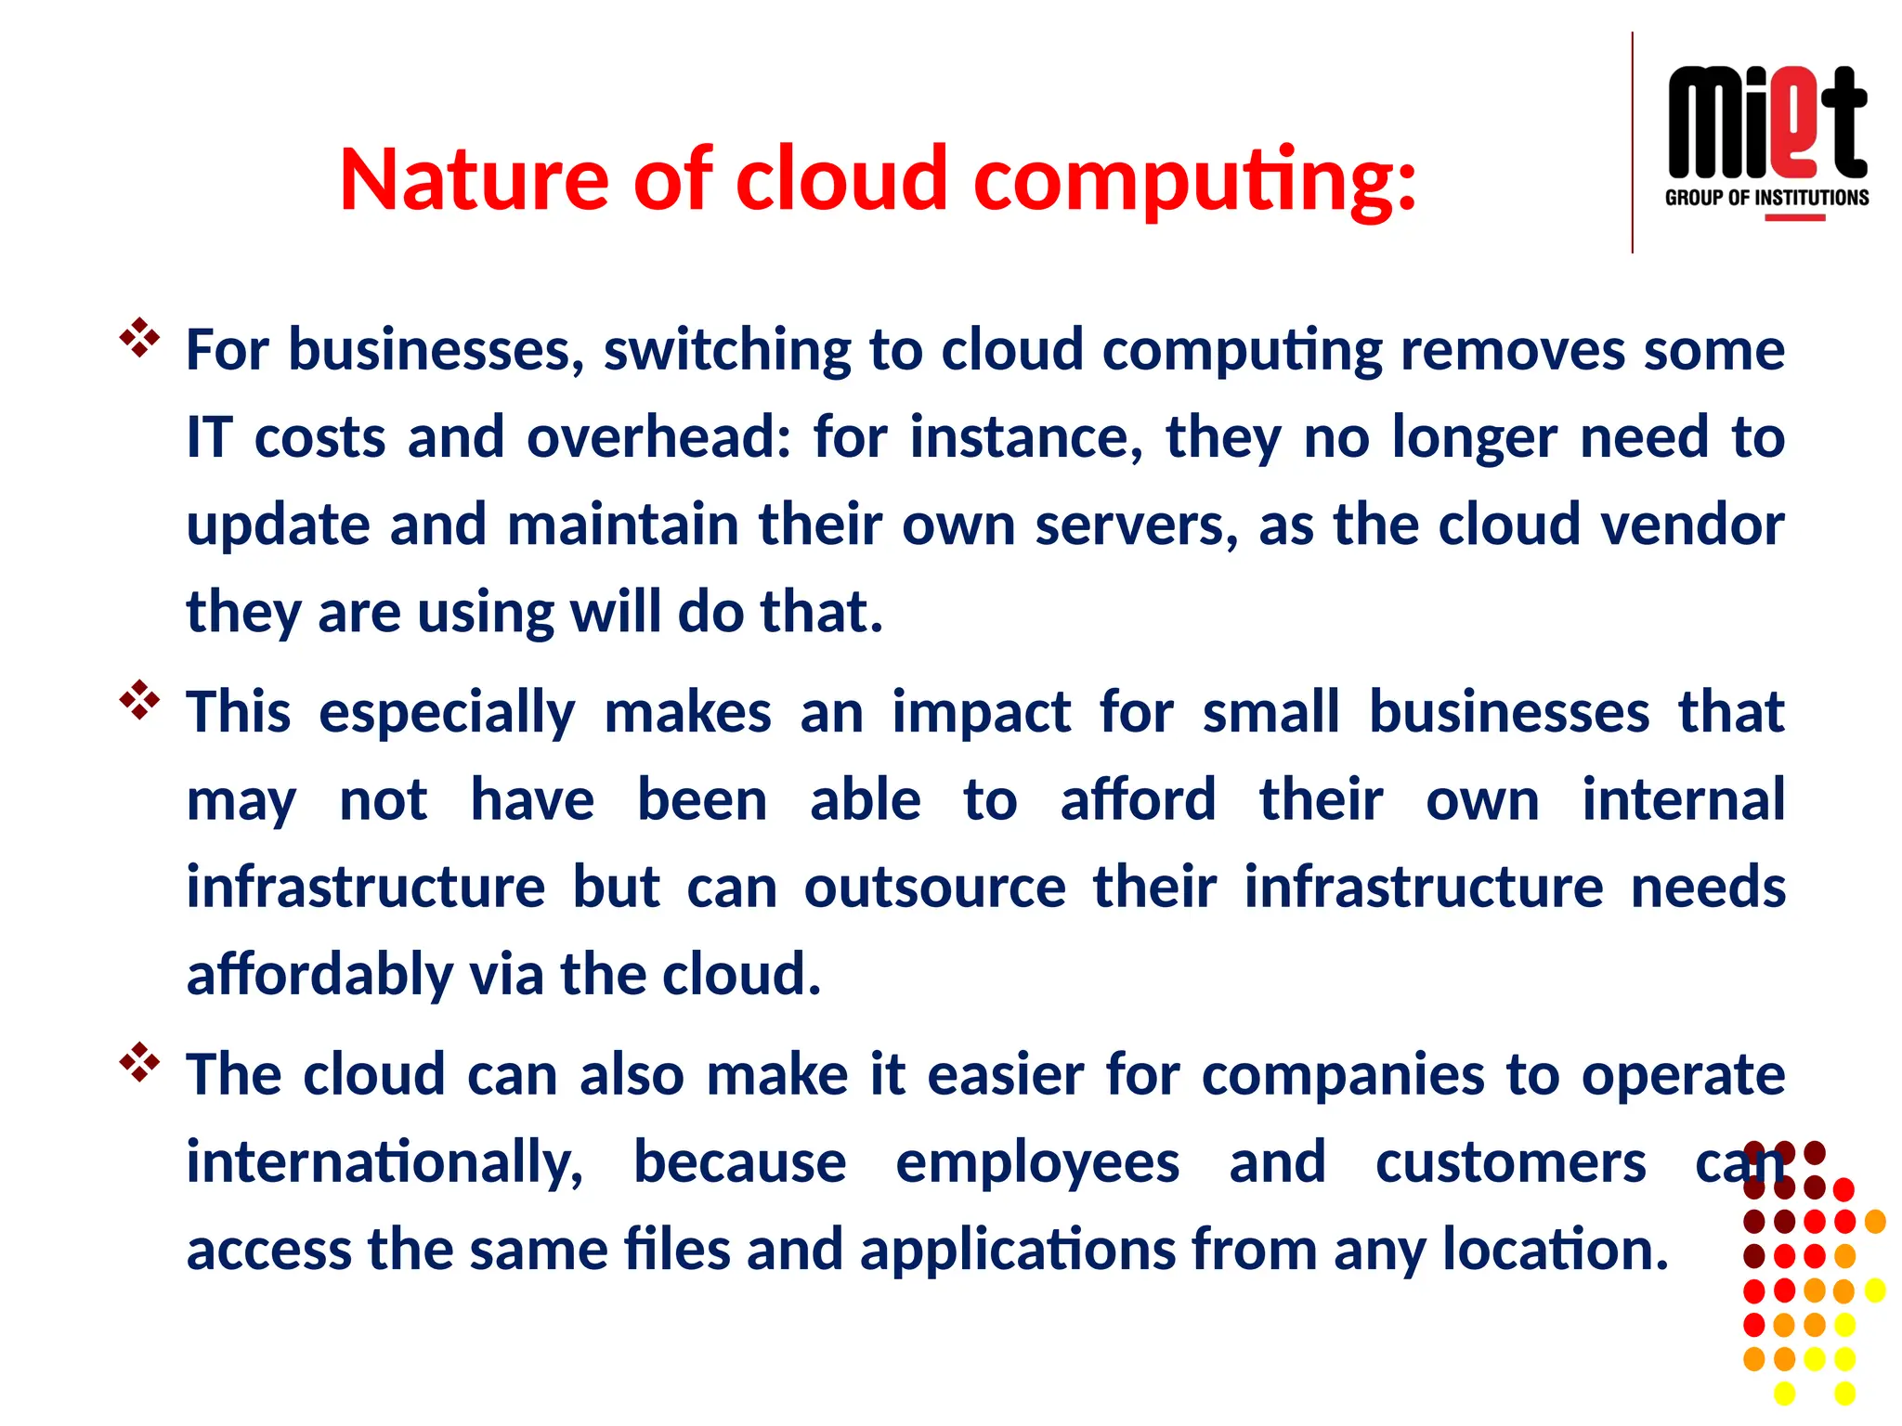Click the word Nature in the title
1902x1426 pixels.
(x=474, y=178)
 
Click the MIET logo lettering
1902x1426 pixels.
(x=1766, y=123)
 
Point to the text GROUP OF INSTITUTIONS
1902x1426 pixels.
(x=1766, y=198)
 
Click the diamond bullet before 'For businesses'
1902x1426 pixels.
(x=139, y=339)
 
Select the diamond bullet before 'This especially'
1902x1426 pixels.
(x=139, y=701)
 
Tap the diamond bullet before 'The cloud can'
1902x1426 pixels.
(x=139, y=1063)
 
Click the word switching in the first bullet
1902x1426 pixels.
(x=727, y=350)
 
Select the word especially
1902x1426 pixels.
(x=447, y=713)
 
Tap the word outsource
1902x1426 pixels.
(x=934, y=887)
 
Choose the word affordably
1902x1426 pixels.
(x=319, y=975)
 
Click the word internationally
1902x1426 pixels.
(x=384, y=1162)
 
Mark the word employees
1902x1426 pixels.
(x=1036, y=1162)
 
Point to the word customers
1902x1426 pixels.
(x=1510, y=1162)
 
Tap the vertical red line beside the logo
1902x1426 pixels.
(x=1632, y=142)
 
